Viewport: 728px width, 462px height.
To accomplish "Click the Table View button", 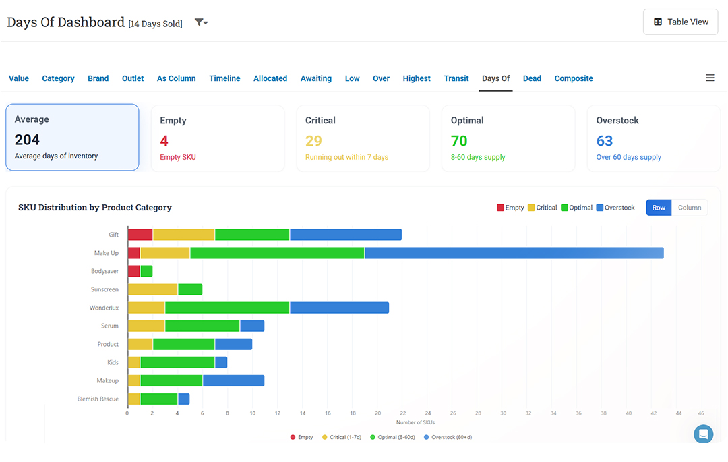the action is [680, 22].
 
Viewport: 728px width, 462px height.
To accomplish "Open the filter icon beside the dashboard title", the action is [201, 22].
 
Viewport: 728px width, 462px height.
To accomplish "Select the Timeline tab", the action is [224, 78].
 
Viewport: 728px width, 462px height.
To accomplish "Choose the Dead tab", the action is [532, 78].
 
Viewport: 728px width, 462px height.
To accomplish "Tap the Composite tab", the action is [574, 78].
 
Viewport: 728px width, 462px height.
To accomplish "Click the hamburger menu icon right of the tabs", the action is [710, 78].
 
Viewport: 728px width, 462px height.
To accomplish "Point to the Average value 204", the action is [27, 140].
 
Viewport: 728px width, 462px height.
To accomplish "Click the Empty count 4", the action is [164, 141].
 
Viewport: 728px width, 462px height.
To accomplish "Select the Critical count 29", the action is [313, 141].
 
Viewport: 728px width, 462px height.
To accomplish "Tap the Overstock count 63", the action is [605, 141].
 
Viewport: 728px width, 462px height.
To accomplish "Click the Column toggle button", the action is [690, 208].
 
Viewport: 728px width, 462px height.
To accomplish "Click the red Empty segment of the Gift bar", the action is [140, 235].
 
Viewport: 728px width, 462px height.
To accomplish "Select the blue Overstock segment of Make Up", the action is [514, 253].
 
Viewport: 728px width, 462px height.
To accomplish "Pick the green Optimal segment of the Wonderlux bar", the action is [228, 308].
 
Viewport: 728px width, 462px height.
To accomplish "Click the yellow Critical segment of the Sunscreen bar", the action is [153, 289].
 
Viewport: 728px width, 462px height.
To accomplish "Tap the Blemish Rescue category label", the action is [98, 399].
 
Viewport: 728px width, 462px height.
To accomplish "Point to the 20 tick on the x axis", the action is [378, 413].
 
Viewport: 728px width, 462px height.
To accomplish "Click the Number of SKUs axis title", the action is [415, 422].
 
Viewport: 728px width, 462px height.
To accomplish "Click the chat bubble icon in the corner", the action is [703, 434].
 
